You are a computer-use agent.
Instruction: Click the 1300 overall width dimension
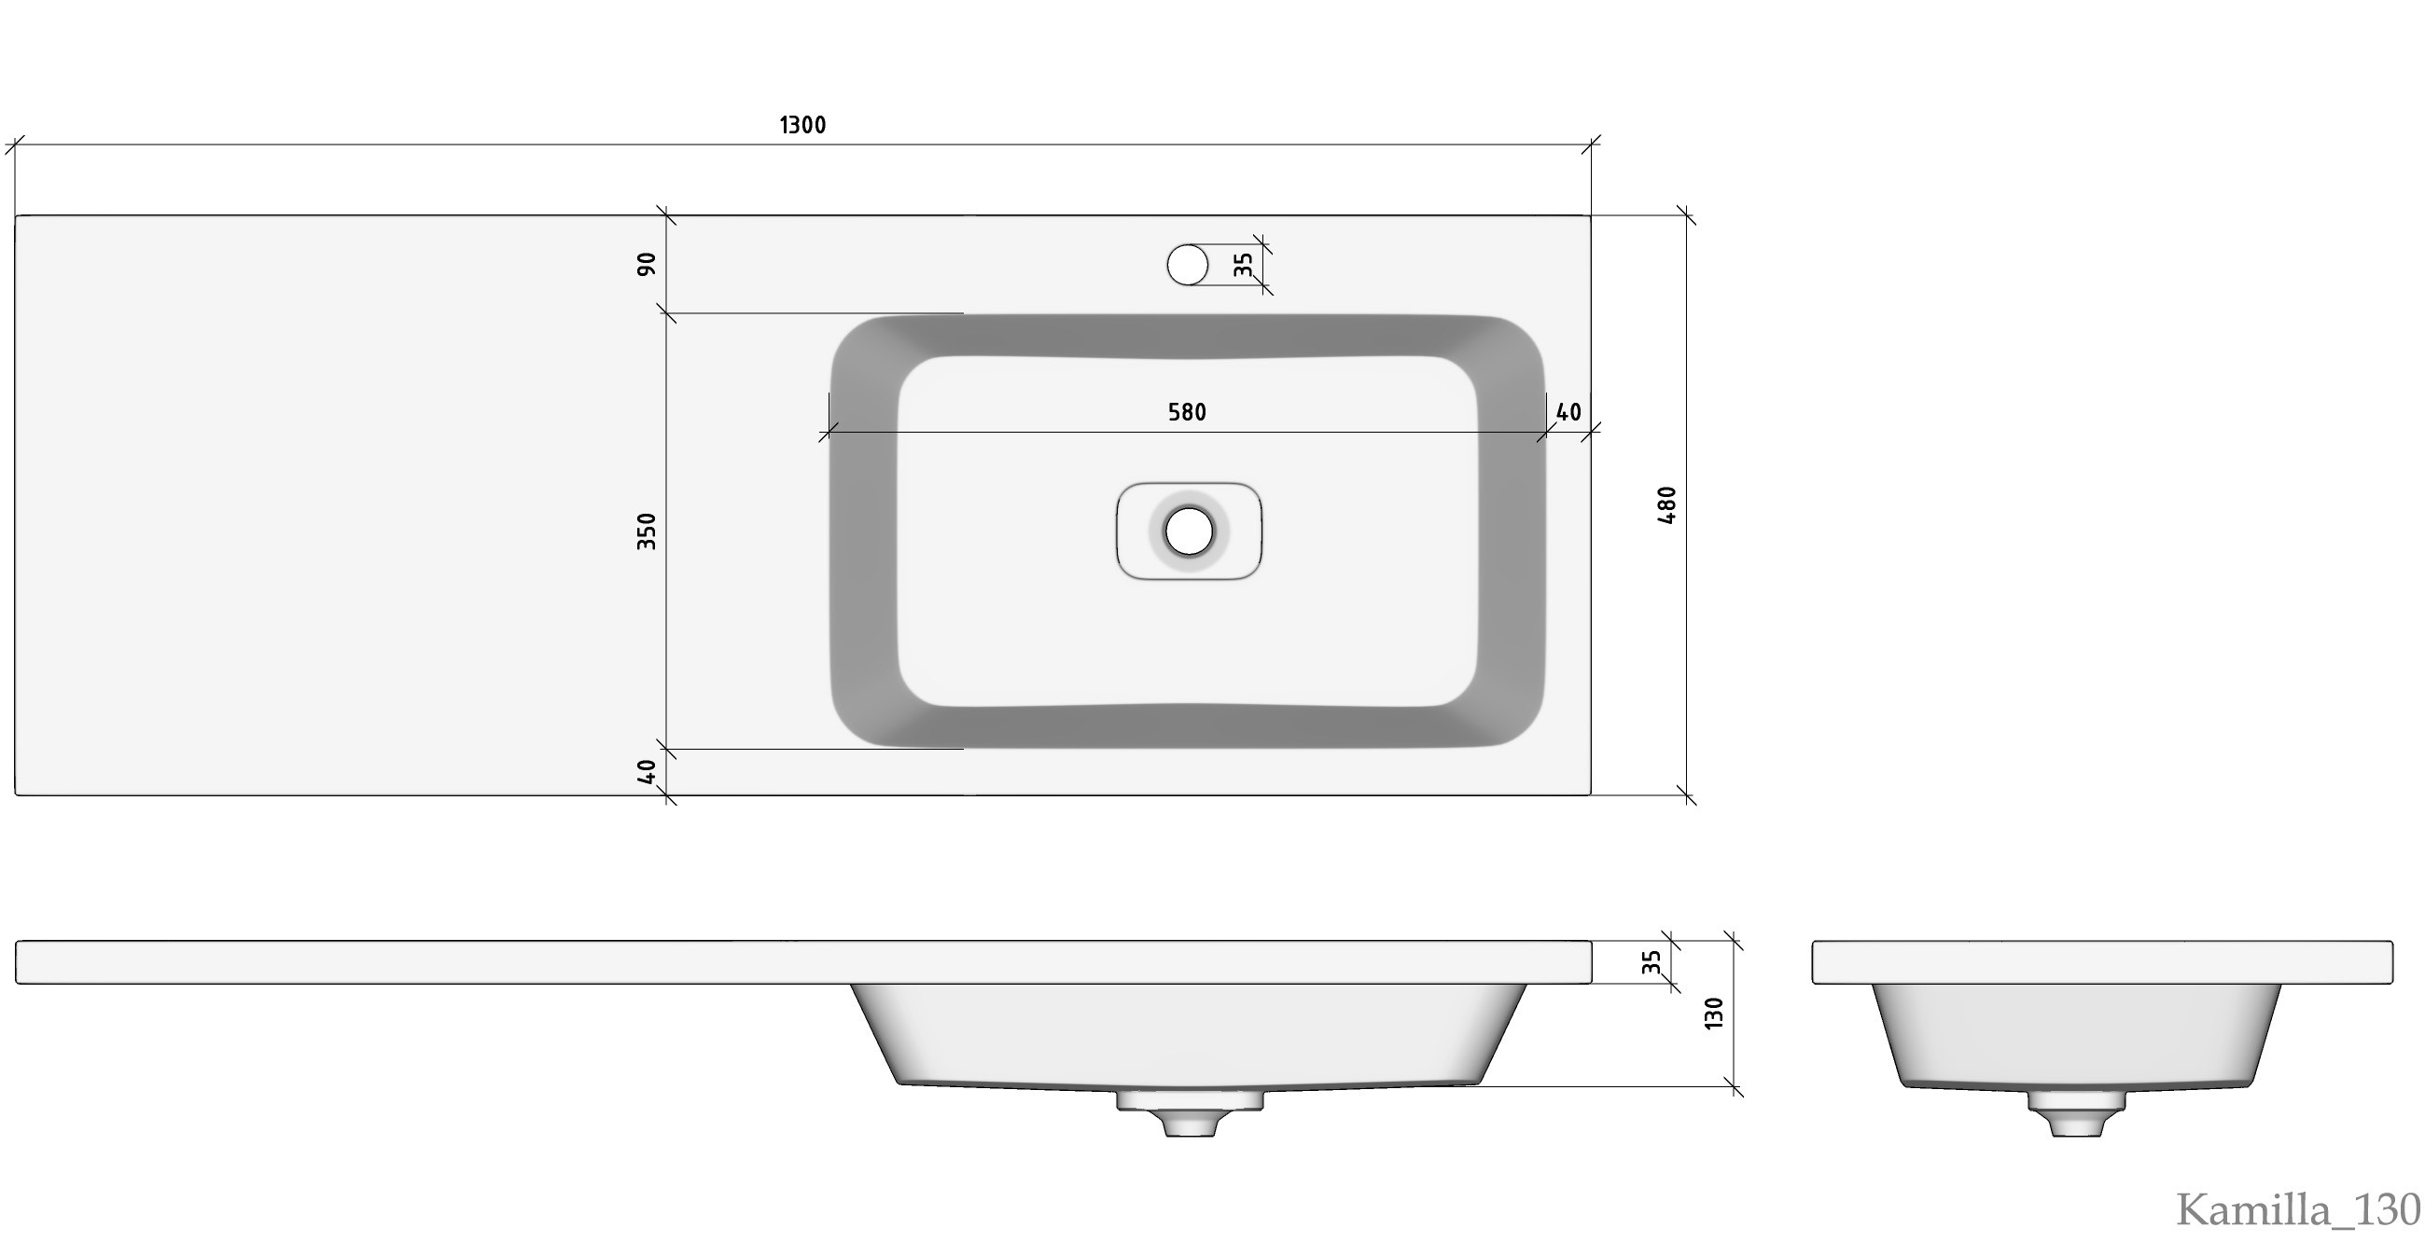803,125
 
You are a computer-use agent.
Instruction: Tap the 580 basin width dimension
1187,412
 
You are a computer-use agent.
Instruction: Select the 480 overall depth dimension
1666,505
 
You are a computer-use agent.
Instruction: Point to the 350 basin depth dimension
647,531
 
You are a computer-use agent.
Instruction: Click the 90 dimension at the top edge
647,265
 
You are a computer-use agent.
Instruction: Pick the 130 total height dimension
1713,1013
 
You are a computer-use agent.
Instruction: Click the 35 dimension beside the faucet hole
1244,266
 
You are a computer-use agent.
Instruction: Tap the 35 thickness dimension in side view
1652,962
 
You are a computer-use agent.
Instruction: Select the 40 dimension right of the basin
1568,412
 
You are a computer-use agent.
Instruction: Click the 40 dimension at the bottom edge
647,772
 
